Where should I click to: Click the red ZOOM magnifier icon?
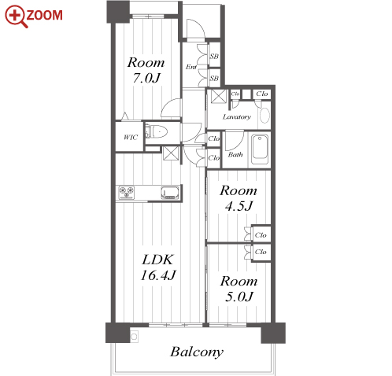coord(16,17)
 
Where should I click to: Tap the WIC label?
coord(131,137)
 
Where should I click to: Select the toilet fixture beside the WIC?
coord(156,132)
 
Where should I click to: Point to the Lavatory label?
coord(237,117)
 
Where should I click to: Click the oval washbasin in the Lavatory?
coord(264,116)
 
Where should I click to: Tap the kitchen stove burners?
coord(127,193)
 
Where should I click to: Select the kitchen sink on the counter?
coord(170,193)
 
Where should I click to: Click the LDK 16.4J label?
coord(158,267)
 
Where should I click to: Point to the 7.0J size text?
coord(146,78)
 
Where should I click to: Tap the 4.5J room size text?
coord(239,206)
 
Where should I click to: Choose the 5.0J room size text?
coord(239,297)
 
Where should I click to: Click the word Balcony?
coord(197,352)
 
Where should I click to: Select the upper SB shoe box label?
coord(214,56)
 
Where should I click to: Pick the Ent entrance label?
coord(191,67)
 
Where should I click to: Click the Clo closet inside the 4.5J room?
coord(261,235)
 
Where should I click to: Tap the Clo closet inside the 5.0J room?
coord(261,252)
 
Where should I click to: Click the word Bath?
coord(235,154)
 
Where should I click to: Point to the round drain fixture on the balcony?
coord(134,337)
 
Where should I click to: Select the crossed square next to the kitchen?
coord(171,153)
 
